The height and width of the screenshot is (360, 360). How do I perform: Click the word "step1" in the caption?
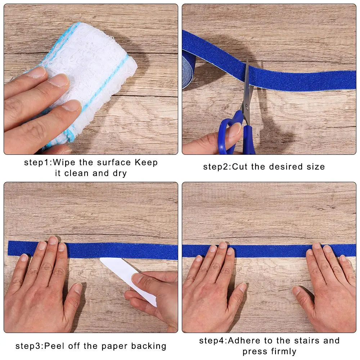37,162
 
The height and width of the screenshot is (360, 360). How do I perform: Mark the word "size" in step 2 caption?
316,167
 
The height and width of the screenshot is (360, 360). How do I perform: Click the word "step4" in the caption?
212,341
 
